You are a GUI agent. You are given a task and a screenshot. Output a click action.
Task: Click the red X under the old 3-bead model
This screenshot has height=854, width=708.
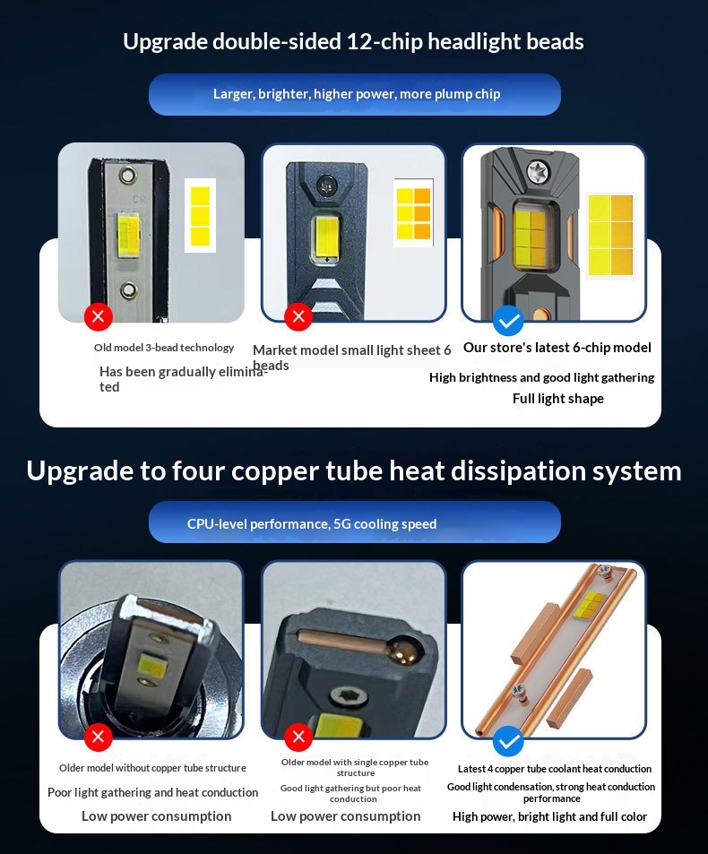(99, 316)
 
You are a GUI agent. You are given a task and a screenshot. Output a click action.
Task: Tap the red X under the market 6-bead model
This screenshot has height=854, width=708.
(298, 316)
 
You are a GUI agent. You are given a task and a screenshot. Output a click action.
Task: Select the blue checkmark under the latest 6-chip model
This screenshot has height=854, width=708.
(509, 321)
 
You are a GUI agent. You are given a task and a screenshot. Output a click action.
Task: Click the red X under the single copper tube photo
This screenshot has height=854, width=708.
(298, 737)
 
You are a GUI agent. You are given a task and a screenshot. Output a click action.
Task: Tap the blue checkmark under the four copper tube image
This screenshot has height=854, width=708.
(509, 741)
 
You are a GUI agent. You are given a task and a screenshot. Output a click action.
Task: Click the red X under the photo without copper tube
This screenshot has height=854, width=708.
(99, 737)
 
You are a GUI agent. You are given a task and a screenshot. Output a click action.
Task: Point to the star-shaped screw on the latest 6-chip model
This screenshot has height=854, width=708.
(540, 171)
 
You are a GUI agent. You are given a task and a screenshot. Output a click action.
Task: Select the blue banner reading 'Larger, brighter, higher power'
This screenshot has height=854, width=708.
(355, 94)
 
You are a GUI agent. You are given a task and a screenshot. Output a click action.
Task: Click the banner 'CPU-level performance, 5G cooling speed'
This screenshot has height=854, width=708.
(355, 522)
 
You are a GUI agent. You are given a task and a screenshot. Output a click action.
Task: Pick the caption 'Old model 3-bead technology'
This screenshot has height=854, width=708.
(164, 348)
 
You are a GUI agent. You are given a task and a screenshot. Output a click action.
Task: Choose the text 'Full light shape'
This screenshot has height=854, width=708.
(558, 399)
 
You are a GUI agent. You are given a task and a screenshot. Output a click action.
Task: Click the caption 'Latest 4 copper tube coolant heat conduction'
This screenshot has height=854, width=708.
(555, 769)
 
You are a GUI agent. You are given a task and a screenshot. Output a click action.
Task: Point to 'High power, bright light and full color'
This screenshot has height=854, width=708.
(549, 817)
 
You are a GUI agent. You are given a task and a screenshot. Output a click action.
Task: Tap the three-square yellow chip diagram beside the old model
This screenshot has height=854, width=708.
(201, 215)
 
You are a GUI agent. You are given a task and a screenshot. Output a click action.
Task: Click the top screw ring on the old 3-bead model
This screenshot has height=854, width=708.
(128, 176)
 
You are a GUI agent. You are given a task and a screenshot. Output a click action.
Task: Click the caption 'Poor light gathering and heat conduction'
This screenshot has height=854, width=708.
(152, 792)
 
